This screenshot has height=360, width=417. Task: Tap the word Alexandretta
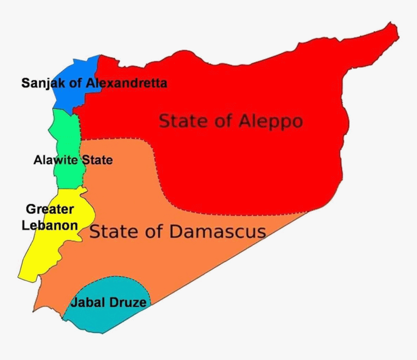pyautogui.click(x=127, y=83)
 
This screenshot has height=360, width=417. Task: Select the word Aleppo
pyautogui.click(x=271, y=121)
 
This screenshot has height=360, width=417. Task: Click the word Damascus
pyautogui.click(x=217, y=231)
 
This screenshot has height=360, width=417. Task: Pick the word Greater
pyautogui.click(x=50, y=210)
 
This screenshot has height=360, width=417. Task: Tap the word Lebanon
pyautogui.click(x=50, y=225)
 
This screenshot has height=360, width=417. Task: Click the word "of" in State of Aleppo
pyautogui.click(x=222, y=121)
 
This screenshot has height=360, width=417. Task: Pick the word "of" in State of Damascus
pyautogui.click(x=154, y=231)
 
